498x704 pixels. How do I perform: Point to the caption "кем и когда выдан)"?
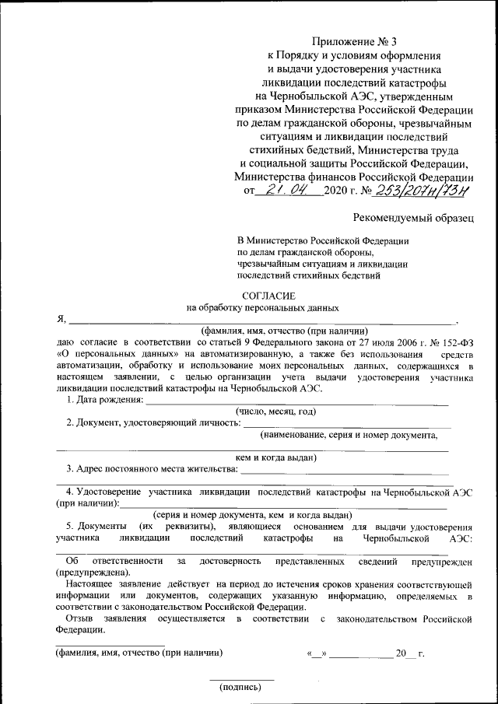[x=275, y=458]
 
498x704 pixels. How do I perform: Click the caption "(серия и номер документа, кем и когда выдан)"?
[x=253, y=515]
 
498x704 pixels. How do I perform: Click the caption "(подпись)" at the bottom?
[x=241, y=687]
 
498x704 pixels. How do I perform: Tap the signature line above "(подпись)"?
[x=241, y=680]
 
